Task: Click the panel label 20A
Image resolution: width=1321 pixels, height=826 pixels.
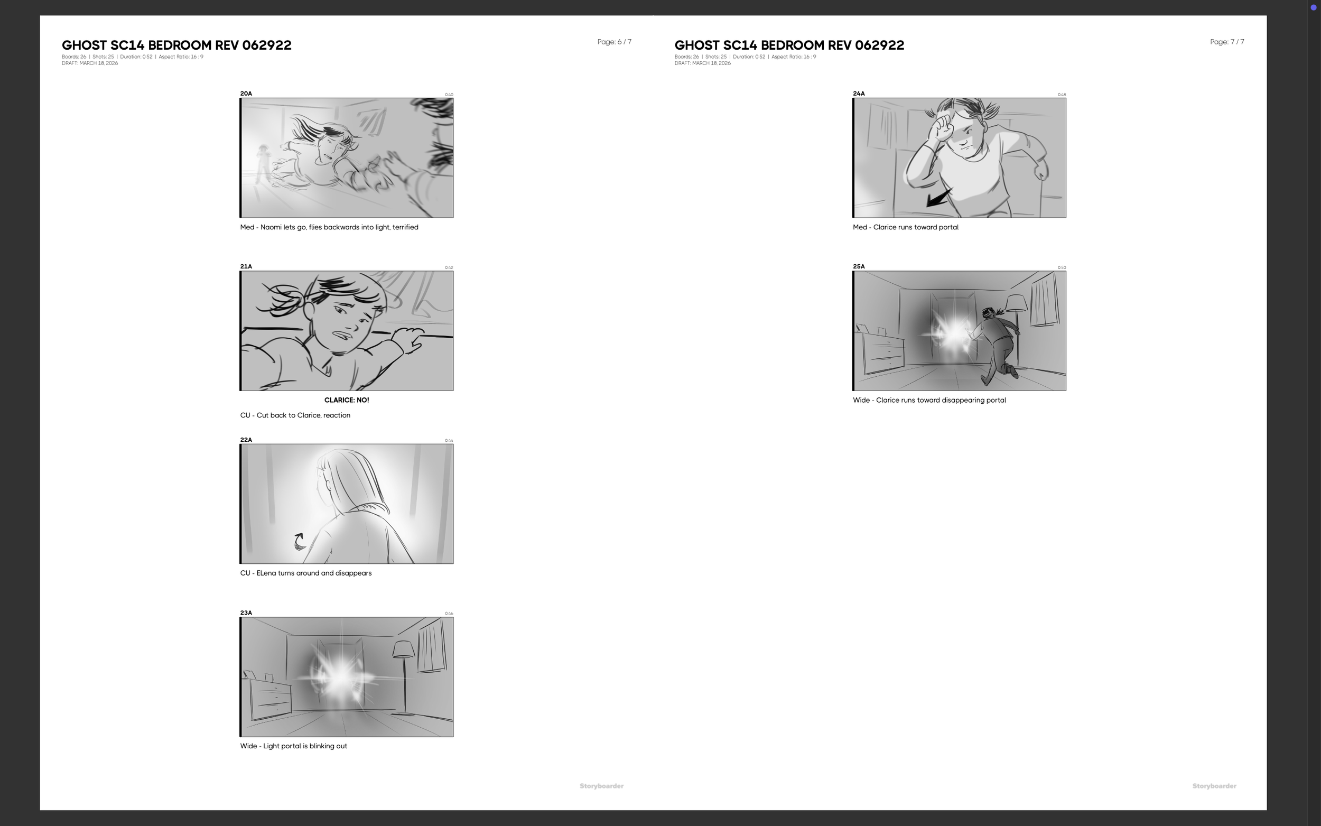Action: point(246,94)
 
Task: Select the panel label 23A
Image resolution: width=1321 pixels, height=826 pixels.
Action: point(246,612)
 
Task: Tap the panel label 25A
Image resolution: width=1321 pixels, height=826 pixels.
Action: point(859,266)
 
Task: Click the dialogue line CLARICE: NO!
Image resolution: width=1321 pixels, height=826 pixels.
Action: point(346,400)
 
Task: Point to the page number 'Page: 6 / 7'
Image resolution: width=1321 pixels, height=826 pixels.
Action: point(614,42)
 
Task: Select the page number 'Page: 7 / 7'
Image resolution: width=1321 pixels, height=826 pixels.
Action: point(1226,42)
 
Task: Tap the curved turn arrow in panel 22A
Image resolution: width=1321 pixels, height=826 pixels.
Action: point(299,541)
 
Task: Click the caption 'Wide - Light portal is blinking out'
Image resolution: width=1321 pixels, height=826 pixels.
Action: point(293,746)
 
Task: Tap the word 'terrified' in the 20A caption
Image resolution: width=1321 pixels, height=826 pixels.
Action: point(405,227)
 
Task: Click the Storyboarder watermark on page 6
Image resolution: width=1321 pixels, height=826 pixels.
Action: point(601,786)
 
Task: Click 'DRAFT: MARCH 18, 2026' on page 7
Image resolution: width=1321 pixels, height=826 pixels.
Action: point(702,63)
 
